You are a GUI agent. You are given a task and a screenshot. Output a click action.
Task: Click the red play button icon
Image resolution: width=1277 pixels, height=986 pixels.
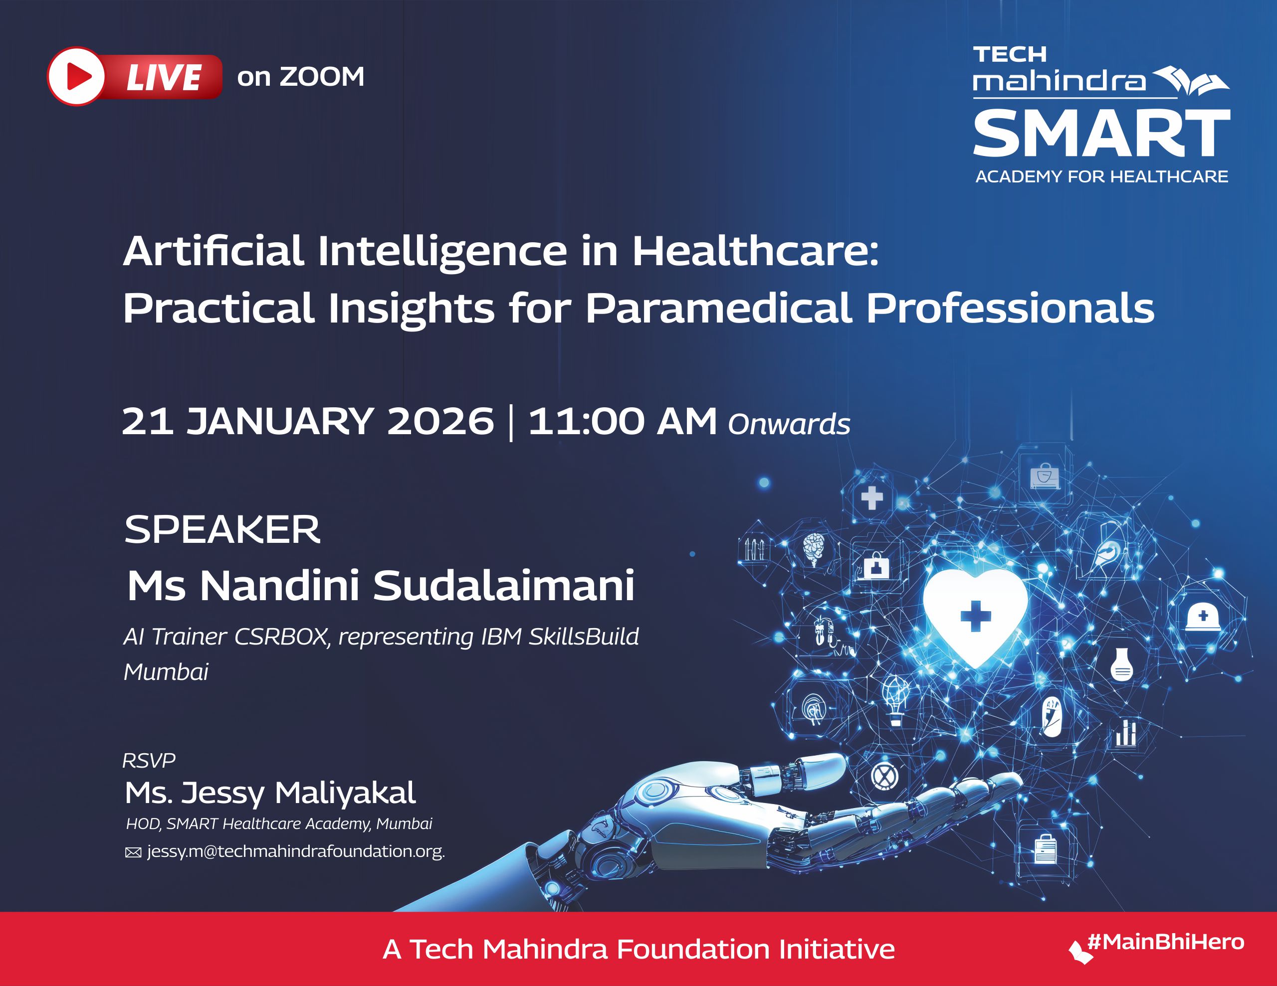click(77, 77)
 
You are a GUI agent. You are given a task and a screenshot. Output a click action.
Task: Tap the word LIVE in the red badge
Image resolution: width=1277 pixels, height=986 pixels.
click(164, 78)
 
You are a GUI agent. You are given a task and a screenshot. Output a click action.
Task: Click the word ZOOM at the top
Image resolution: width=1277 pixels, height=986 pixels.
click(322, 77)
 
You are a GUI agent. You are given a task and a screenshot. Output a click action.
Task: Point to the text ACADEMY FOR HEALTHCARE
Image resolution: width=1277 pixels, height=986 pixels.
click(1101, 176)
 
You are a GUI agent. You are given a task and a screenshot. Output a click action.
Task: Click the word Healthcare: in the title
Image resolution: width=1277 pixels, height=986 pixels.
click(755, 251)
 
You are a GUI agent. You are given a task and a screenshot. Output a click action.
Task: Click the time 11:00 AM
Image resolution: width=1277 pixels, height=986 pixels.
click(622, 421)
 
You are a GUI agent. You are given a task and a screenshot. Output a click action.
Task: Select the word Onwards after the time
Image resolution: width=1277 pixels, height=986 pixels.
click(789, 424)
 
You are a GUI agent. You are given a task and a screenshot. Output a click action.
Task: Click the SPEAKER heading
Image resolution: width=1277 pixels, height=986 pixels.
click(222, 529)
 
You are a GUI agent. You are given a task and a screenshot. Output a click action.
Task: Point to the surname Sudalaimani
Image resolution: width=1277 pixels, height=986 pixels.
click(503, 586)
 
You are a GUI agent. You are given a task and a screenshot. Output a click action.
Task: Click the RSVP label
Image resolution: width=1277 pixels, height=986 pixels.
click(149, 760)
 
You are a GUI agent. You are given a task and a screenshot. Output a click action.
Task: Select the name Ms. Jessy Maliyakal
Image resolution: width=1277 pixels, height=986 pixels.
click(270, 793)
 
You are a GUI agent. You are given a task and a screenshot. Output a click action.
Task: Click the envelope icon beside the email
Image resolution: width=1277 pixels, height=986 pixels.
click(133, 853)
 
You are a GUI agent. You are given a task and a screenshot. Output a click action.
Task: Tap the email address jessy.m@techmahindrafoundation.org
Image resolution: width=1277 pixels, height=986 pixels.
click(296, 851)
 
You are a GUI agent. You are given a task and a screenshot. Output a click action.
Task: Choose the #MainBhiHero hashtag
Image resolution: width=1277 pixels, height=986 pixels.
click(1165, 942)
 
